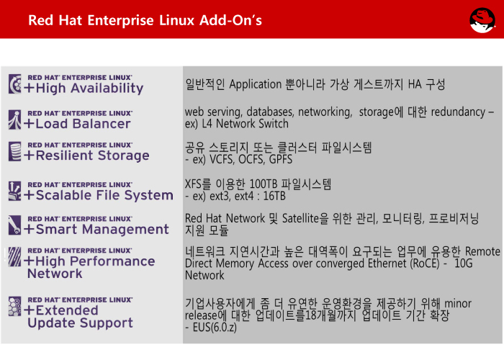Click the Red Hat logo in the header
point(482,20)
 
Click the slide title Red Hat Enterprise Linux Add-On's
point(145,20)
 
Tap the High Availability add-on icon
point(15,84)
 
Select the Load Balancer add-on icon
point(15,120)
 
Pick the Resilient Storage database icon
point(15,151)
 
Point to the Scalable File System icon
point(15,191)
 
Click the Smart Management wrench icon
point(15,225)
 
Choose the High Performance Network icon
point(15,257)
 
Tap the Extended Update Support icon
point(15,306)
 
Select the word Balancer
point(102,124)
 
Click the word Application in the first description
point(255,85)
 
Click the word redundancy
point(458,112)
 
